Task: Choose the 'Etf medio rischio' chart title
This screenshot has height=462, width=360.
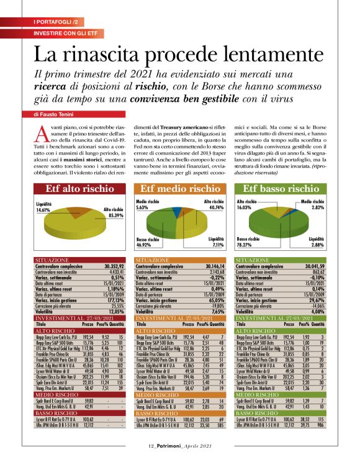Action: [x=180, y=189]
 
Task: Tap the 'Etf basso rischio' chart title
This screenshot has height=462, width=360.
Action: [x=281, y=189]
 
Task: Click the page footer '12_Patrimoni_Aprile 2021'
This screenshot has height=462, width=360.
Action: [x=180, y=445]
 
